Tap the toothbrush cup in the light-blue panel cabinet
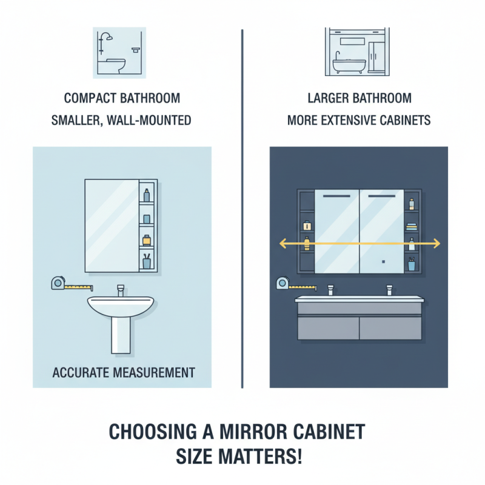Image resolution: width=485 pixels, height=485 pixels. [x=147, y=262]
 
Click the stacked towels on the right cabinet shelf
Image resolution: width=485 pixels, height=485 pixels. [x=412, y=226]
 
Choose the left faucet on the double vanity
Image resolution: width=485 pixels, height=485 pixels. [x=330, y=290]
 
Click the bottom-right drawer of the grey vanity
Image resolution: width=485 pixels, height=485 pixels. [x=390, y=328]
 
